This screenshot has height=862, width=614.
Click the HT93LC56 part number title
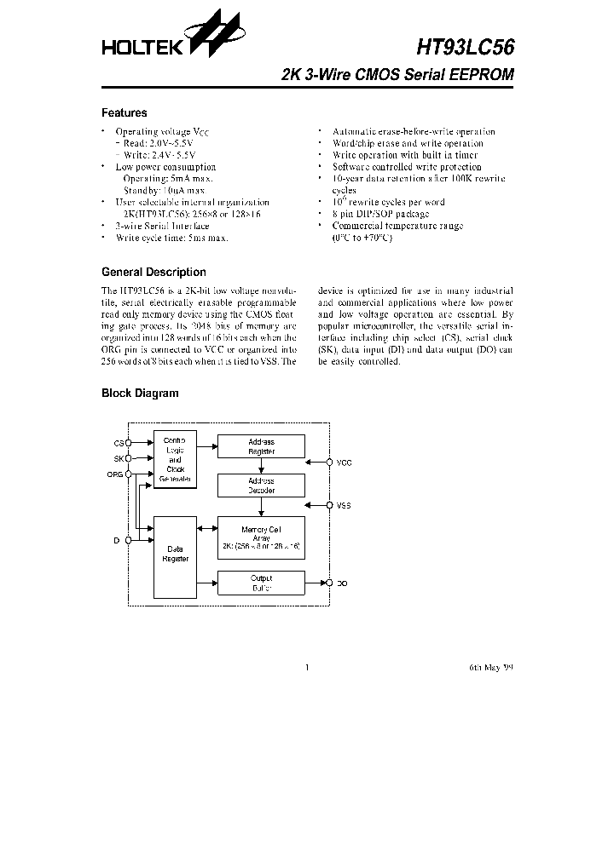(x=466, y=47)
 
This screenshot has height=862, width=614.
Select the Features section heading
(x=124, y=113)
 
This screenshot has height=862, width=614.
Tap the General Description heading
(x=153, y=273)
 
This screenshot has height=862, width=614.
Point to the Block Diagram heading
(x=140, y=394)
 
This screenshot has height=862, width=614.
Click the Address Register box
(x=261, y=446)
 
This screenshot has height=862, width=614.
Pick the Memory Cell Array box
(x=261, y=537)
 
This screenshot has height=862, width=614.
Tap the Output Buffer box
(x=261, y=583)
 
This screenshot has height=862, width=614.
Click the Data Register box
(x=175, y=555)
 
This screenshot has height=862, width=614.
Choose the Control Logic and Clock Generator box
(x=175, y=461)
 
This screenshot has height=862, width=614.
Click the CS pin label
(x=119, y=443)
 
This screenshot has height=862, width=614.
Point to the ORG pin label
(x=115, y=474)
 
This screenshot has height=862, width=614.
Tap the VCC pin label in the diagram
(x=344, y=463)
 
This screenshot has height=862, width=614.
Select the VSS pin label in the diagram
(x=344, y=506)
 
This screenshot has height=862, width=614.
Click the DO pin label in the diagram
(x=342, y=583)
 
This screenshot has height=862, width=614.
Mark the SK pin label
(x=119, y=458)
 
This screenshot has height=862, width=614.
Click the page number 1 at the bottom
(x=307, y=668)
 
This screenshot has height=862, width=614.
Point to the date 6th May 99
(x=491, y=668)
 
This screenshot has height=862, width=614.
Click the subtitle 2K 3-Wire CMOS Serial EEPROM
(x=397, y=75)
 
